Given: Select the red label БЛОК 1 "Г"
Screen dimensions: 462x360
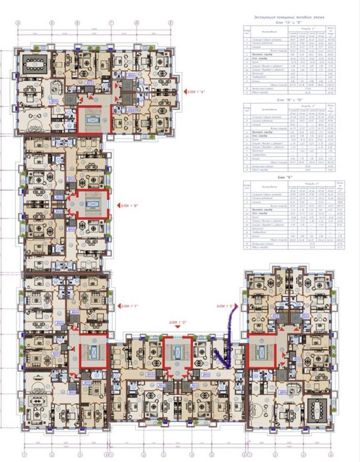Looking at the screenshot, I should pyautogui.click(x=129, y=306).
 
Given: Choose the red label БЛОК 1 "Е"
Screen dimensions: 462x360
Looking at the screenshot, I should pyautogui.click(x=225, y=306).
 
